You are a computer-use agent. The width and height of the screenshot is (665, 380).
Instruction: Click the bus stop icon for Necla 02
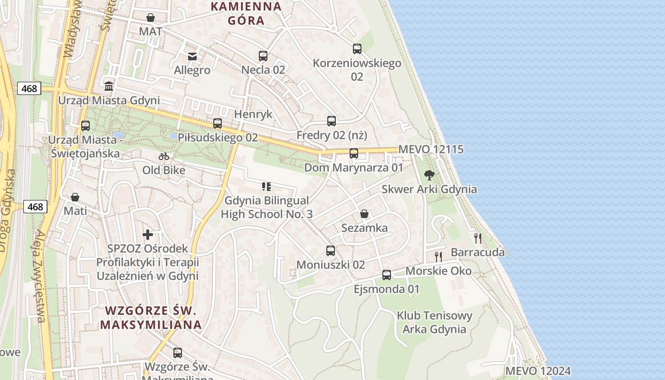pos(263,56)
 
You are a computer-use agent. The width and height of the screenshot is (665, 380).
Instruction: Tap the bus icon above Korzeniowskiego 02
pos(357,49)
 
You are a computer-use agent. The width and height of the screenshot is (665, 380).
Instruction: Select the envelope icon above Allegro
pos(192,57)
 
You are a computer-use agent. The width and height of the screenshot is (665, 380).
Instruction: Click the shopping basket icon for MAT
pos(151,18)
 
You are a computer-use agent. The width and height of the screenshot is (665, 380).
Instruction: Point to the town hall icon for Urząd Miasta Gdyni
pos(109,86)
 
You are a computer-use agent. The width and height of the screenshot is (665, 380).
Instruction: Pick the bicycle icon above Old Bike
pos(164,156)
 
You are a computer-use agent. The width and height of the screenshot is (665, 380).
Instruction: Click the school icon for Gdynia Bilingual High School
pos(266,187)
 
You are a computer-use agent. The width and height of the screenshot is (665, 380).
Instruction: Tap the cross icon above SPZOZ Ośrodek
pos(148,235)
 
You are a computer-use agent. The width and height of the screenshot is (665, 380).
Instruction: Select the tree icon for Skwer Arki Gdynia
pos(429,175)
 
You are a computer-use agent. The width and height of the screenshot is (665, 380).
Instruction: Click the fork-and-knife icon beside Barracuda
pos(478,238)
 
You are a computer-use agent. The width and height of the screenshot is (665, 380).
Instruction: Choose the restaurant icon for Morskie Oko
pos(438,257)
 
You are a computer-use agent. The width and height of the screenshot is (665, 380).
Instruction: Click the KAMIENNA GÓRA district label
pos(246,13)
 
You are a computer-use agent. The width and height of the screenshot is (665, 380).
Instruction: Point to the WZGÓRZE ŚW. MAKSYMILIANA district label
pos(151,317)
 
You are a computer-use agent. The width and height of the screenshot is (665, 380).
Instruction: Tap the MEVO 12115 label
pos(431,149)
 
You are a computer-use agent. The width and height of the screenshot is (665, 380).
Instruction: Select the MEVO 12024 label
pos(538,371)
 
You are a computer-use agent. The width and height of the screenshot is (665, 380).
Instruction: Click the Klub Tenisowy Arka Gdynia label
pos(435,322)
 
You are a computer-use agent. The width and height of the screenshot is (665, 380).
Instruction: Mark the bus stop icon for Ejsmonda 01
pos(387,275)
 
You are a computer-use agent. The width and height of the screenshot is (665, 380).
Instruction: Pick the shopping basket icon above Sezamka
pos(364,214)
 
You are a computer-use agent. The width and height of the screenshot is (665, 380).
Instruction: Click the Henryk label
pos(253,114)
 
